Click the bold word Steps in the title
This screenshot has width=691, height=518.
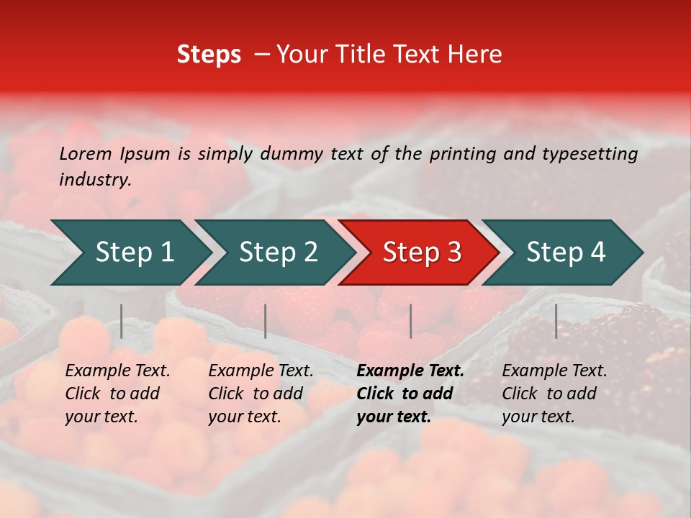pos(209,55)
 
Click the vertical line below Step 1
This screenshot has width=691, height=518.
pos(122,321)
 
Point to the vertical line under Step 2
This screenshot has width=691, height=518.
pos(266,321)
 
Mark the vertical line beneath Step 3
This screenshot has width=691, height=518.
pos(410,321)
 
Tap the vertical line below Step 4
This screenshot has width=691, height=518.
pos(556,321)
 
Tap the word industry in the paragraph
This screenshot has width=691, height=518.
pos(94,180)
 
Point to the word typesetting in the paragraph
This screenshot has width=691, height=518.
pos(590,154)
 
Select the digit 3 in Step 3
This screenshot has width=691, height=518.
pos(453,253)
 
